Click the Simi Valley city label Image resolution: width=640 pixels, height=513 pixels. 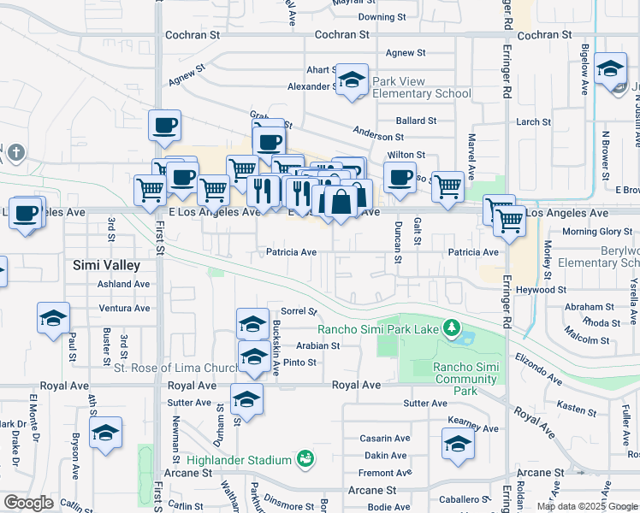(106, 265)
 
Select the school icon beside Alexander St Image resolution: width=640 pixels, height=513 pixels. (351, 81)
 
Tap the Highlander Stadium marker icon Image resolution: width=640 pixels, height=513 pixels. (304, 460)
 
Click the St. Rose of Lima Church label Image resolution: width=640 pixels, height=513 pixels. (178, 369)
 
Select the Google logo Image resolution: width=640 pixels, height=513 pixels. (28, 503)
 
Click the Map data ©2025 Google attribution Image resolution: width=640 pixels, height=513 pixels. (586, 506)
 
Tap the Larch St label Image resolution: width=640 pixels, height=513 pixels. (534, 122)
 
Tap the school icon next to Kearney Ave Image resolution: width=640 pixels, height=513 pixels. (458, 445)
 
